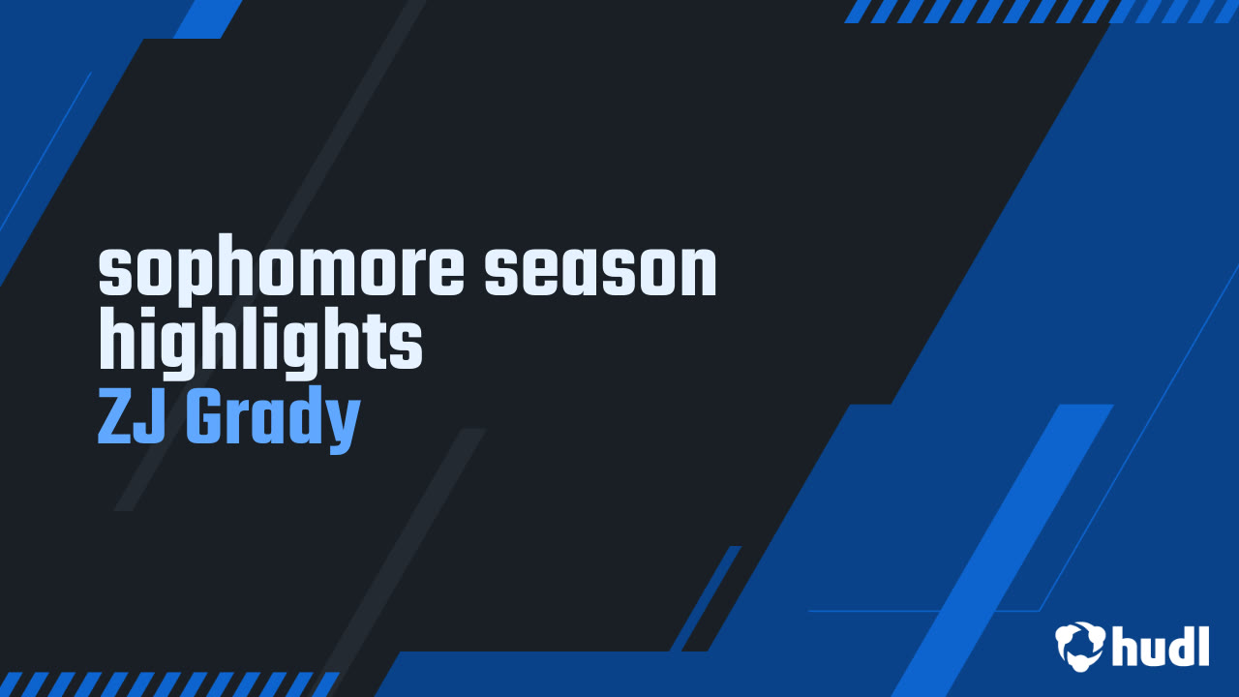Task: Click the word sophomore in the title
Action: coord(281,270)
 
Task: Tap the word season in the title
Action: coord(600,271)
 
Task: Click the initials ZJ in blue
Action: coord(132,416)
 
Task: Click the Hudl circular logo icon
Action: coord(1079,646)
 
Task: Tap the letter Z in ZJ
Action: coord(114,416)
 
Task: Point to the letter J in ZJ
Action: coord(150,416)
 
